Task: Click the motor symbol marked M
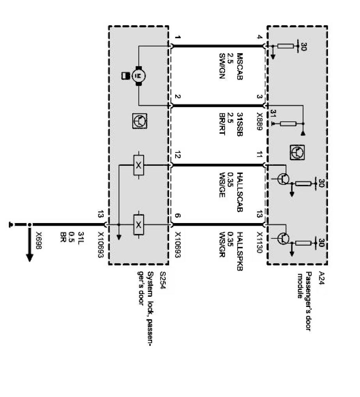coord(138,74)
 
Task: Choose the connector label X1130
coord(259,244)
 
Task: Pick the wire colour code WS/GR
coord(222,244)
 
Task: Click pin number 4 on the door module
coord(259,38)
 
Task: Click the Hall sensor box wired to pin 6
coord(138,225)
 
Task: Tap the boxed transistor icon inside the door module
coord(296,152)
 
